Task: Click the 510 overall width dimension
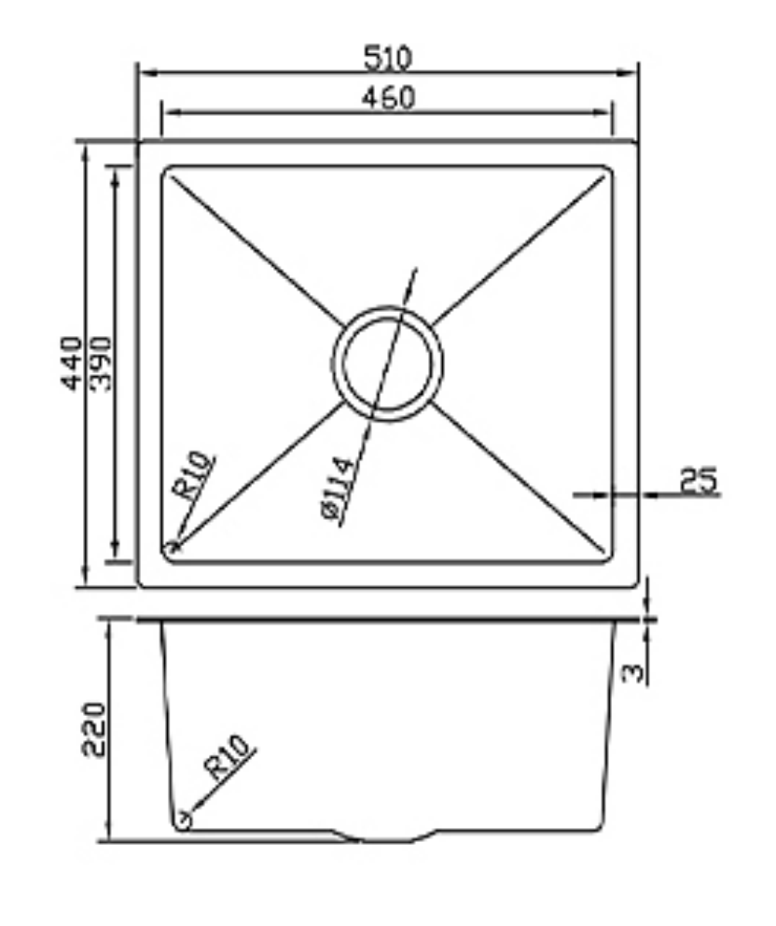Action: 387,58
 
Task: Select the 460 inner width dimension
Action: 387,96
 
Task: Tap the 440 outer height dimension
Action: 72,364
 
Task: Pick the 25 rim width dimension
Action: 699,481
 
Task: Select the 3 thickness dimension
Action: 633,671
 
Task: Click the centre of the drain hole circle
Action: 387,362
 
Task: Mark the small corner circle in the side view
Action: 184,821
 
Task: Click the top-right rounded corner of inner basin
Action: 607,173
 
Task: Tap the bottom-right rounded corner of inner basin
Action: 607,557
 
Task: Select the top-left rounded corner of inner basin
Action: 169,173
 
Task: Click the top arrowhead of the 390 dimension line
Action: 116,172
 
